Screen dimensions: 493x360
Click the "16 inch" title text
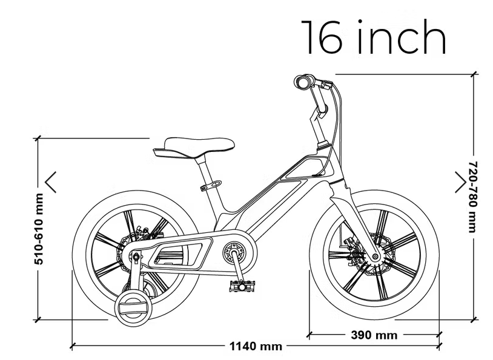[374, 38]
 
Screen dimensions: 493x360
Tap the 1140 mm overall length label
[256, 347]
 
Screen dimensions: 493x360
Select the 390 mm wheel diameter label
[374, 335]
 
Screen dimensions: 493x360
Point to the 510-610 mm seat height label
[39, 229]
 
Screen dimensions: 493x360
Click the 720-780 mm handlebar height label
[473, 197]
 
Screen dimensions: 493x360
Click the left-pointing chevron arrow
[50, 182]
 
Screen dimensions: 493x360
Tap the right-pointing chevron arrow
[461, 182]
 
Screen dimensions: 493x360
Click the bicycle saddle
[194, 147]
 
